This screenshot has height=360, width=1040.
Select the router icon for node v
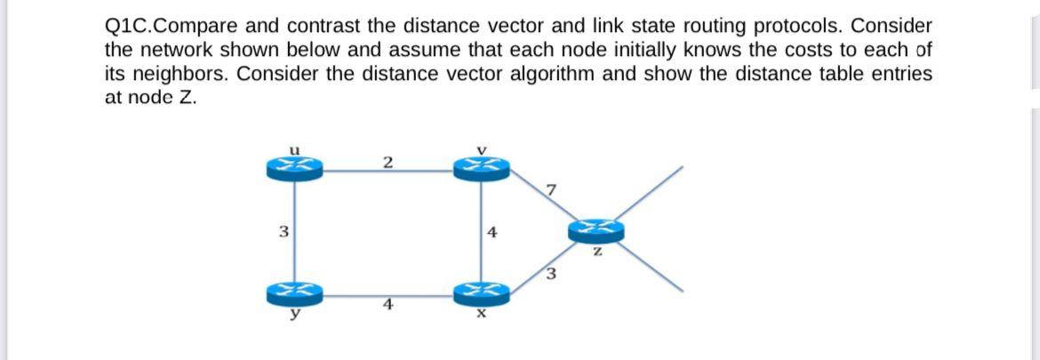pyautogui.click(x=481, y=166)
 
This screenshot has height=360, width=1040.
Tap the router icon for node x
pyautogui.click(x=481, y=292)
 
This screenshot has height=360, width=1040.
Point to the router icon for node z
pyautogui.click(x=596, y=232)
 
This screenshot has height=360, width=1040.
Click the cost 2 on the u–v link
pyautogui.click(x=388, y=161)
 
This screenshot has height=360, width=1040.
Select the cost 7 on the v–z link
pyautogui.click(x=552, y=188)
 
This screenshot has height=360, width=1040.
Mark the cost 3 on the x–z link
pyautogui.click(x=550, y=273)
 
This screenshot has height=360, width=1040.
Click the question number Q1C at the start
pyautogui.click(x=127, y=26)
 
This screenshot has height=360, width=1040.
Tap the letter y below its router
pyautogui.click(x=293, y=310)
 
